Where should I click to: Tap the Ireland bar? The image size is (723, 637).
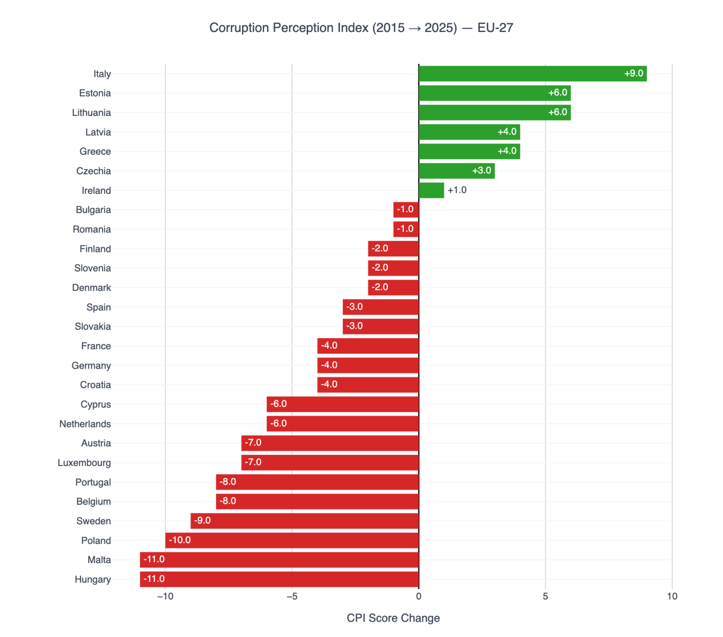click(431, 190)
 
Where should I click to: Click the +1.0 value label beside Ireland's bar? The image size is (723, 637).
click(457, 190)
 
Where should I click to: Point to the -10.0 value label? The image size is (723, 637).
click(180, 540)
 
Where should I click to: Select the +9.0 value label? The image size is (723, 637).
click(634, 73)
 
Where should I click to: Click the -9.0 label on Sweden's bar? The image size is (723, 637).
click(202, 521)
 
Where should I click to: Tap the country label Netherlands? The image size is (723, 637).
click(85, 424)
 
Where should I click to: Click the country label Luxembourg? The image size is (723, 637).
click(84, 463)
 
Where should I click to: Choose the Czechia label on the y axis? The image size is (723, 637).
click(94, 171)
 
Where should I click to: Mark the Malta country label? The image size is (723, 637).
click(99, 560)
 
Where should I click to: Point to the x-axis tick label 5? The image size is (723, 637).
click(545, 597)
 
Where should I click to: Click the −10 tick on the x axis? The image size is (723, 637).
click(165, 597)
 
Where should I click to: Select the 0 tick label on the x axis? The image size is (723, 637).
click(418, 597)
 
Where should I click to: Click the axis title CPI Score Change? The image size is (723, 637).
click(393, 618)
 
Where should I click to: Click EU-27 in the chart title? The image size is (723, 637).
click(495, 28)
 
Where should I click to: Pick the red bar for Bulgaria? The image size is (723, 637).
click(406, 210)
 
